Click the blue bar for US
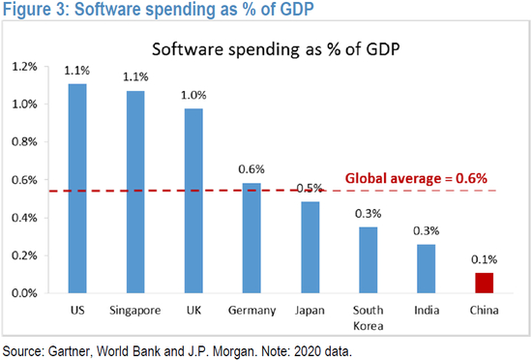coord(78,189)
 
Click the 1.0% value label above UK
coord(193,94)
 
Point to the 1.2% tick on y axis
coord(21,67)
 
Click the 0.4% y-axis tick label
coord(21,218)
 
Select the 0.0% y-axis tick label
coord(21,293)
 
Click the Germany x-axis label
coord(250,311)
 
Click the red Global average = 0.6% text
coord(416,178)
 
